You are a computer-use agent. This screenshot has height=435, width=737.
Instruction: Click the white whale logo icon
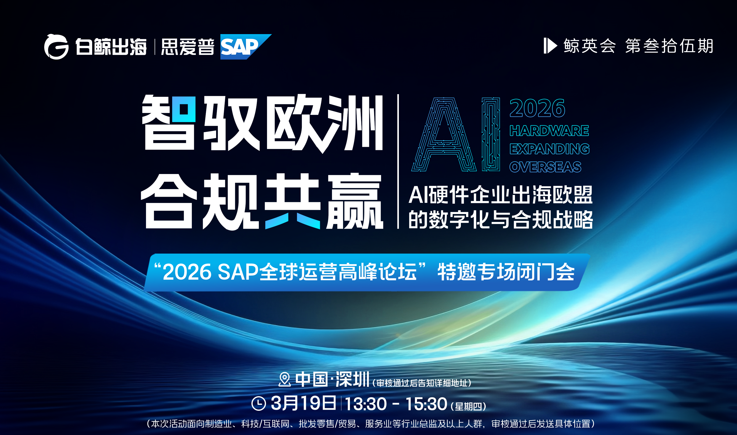click(56, 47)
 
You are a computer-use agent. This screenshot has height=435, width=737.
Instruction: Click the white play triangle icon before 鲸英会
click(550, 46)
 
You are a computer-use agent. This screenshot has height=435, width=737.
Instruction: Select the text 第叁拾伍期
click(669, 46)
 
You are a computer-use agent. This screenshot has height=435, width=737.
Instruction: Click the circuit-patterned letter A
click(444, 135)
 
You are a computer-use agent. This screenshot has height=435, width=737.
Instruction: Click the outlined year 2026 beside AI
click(537, 108)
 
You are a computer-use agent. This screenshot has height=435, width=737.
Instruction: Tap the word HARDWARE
click(549, 131)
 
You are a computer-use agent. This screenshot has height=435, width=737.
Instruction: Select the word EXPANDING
click(549, 149)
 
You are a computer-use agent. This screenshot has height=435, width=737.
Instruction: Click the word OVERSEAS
click(545, 167)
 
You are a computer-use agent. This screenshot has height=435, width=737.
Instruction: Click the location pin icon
click(284, 379)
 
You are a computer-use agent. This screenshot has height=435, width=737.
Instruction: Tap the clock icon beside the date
click(258, 403)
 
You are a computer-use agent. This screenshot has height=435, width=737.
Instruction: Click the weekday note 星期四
click(468, 407)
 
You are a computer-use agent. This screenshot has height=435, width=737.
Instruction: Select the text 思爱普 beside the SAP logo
click(187, 47)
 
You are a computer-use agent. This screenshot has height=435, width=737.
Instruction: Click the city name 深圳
click(352, 379)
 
